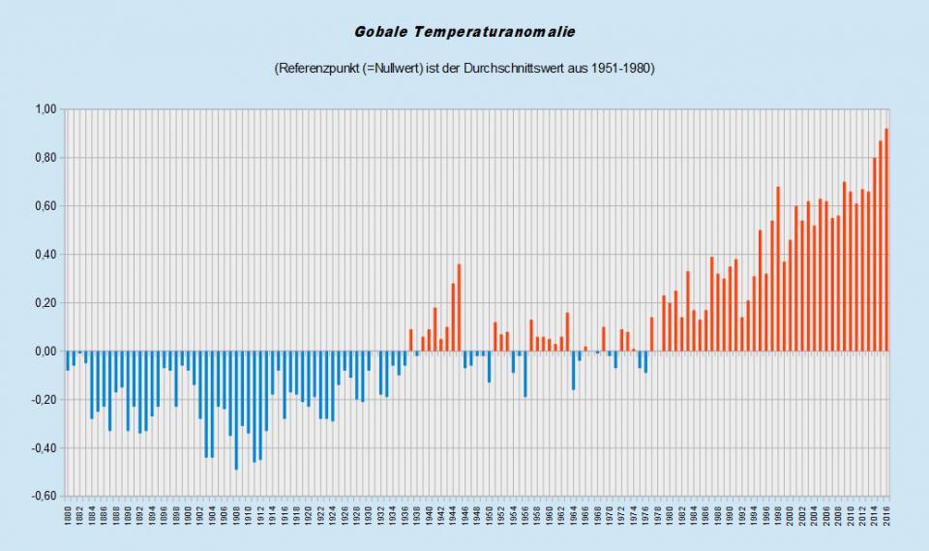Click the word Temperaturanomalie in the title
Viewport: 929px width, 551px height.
point(494,32)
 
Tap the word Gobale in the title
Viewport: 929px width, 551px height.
point(381,32)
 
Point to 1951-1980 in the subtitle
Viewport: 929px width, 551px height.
point(621,69)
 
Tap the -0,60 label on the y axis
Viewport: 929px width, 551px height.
point(44,497)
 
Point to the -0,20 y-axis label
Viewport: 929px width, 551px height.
point(44,400)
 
